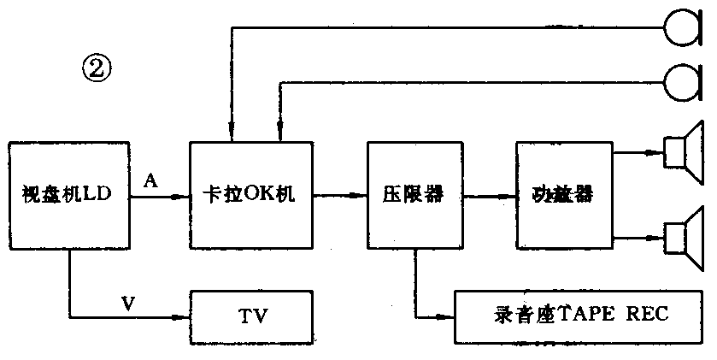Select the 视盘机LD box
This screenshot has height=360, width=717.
click(x=68, y=196)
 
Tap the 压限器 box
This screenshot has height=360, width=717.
click(x=414, y=196)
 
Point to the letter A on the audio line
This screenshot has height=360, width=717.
click(x=151, y=181)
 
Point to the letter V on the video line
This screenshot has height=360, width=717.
click(x=128, y=302)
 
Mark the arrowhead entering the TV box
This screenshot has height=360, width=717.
click(x=183, y=317)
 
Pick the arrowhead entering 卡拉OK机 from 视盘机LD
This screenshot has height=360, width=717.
click(x=183, y=197)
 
